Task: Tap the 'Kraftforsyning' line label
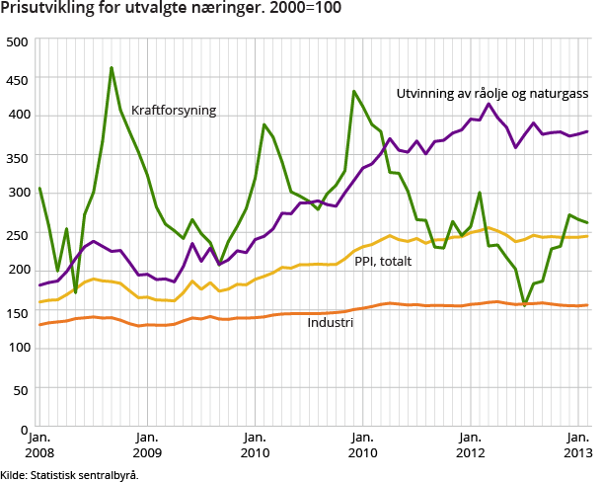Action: (174, 110)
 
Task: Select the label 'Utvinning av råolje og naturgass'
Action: (491, 93)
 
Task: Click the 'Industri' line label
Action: (330, 322)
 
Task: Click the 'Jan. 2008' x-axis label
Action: (38, 444)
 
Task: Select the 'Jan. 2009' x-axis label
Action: (146, 444)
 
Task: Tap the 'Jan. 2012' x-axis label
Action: (471, 444)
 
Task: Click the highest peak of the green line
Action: (112, 68)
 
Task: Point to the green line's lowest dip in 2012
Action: (525, 303)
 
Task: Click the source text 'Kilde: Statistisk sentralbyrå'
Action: (69, 474)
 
